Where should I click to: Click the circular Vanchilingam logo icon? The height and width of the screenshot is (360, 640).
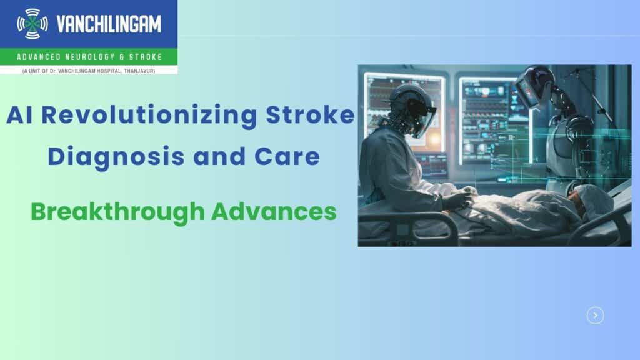[x=32, y=24]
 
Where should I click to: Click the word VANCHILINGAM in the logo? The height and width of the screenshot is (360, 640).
[x=109, y=24]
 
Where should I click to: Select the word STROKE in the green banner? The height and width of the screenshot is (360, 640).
[x=146, y=57]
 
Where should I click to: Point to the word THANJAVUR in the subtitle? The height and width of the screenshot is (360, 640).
[x=139, y=71]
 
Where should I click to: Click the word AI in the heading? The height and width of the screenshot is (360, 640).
[x=19, y=115]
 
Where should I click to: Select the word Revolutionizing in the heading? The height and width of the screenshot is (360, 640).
[x=149, y=116]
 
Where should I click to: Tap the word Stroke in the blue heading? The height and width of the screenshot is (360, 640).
[x=310, y=115]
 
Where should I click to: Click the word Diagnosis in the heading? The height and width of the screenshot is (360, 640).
[x=116, y=157]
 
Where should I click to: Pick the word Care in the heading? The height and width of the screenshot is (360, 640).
[x=287, y=157]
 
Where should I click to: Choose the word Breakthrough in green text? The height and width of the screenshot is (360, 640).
[x=117, y=212]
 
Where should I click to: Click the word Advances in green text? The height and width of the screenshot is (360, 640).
[x=274, y=212]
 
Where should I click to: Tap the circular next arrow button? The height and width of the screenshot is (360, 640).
[x=596, y=316]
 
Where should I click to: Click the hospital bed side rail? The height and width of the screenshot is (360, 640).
[x=408, y=229]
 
